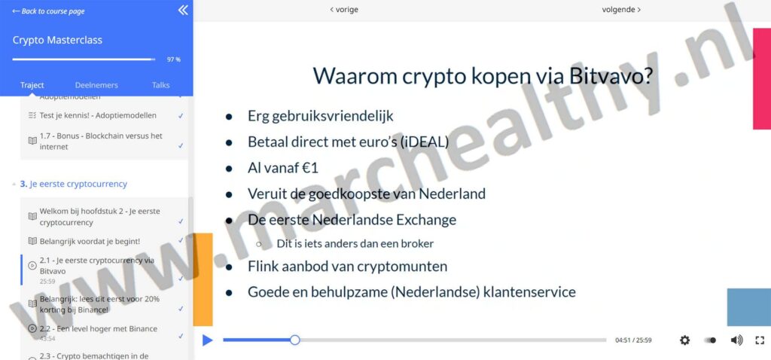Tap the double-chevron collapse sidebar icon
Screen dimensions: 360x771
(x=183, y=11)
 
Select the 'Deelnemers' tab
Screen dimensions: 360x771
(x=96, y=85)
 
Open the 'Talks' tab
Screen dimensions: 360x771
(x=160, y=85)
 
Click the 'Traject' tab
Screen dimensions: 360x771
(x=32, y=85)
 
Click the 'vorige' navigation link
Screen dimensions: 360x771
(x=344, y=10)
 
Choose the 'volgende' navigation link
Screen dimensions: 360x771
(x=621, y=10)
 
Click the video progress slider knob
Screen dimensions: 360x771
(x=295, y=340)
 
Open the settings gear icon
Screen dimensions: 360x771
(x=684, y=340)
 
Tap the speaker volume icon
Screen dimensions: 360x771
(x=736, y=340)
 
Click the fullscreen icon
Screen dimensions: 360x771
(x=760, y=340)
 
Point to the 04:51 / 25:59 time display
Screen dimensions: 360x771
(x=633, y=340)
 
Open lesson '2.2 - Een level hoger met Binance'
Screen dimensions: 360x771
(x=98, y=328)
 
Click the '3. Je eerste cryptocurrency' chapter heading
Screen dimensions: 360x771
(x=73, y=184)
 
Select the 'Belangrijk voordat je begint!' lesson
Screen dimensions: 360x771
(x=89, y=241)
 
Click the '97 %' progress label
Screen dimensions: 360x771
(x=173, y=59)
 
